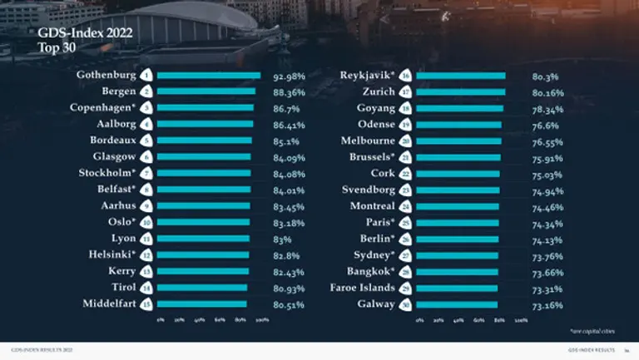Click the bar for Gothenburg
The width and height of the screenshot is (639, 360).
208,76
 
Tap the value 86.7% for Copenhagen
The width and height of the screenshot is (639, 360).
286,108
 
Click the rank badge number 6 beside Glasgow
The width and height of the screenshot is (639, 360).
146,157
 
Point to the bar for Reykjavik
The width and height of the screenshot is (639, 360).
461,76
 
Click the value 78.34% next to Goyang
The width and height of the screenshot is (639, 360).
548,108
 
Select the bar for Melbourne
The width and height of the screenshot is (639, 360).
458,141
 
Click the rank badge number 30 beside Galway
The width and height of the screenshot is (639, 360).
405,304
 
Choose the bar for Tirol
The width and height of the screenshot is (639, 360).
202,288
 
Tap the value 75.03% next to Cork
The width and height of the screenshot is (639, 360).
548,174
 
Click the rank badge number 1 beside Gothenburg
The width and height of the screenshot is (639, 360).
146,76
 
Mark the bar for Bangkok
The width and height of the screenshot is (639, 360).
458,272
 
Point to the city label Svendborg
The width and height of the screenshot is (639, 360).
369,190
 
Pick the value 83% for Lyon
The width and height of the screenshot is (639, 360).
282,239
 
